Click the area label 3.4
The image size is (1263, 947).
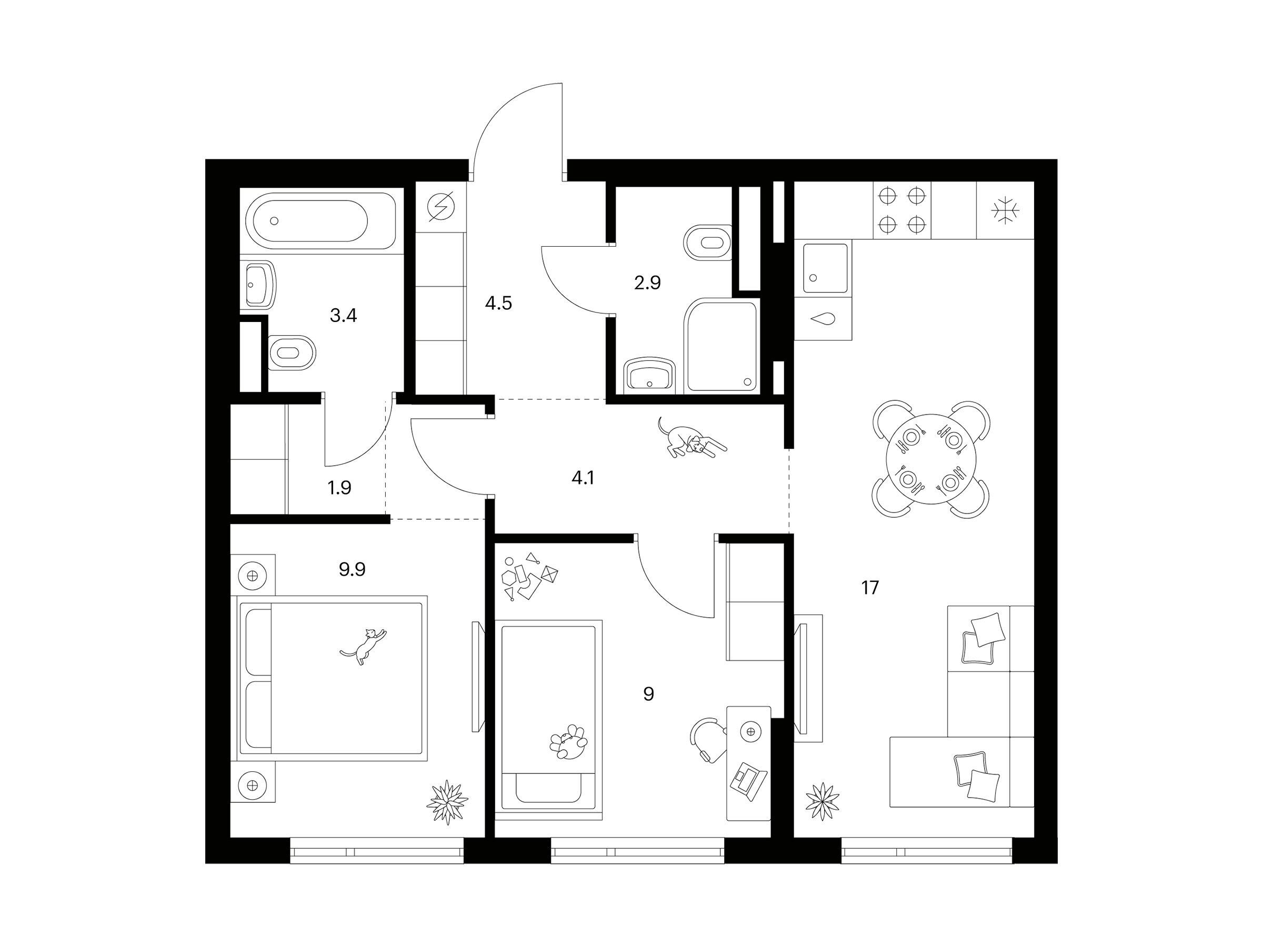343,315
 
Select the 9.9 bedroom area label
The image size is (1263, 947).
352,569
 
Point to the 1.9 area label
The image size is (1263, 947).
339,488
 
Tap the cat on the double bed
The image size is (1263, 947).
364,646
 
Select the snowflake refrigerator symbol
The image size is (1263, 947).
1005,210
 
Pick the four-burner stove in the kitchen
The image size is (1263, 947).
901,210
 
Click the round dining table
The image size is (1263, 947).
931,459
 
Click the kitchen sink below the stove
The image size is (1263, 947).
825,268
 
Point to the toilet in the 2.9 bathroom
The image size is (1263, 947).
707,242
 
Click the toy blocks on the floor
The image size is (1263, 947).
529,577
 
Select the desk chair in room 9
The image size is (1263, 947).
708,740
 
